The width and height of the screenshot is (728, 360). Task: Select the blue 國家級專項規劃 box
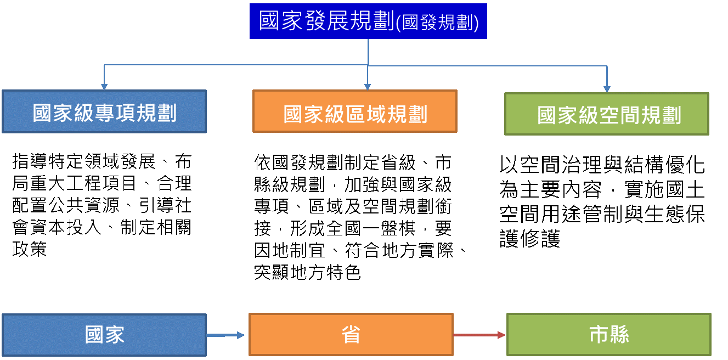click(104, 111)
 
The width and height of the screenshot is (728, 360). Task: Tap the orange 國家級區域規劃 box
click(354, 111)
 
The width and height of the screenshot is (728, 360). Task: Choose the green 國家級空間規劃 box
click(607, 114)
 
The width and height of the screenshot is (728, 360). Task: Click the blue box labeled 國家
click(104, 335)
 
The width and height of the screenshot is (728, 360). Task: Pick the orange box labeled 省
click(351, 335)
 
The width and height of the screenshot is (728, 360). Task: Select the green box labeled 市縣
click(609, 335)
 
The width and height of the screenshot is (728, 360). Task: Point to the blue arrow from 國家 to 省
click(225, 335)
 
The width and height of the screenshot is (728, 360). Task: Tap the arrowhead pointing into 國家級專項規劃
click(104, 87)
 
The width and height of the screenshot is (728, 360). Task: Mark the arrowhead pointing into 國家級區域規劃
click(368, 87)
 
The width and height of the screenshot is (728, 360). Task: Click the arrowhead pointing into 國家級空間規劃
click(607, 89)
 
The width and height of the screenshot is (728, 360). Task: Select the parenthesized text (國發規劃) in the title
click(437, 22)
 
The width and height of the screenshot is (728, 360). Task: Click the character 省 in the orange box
click(351, 335)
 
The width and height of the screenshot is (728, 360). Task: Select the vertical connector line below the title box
click(368, 52)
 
